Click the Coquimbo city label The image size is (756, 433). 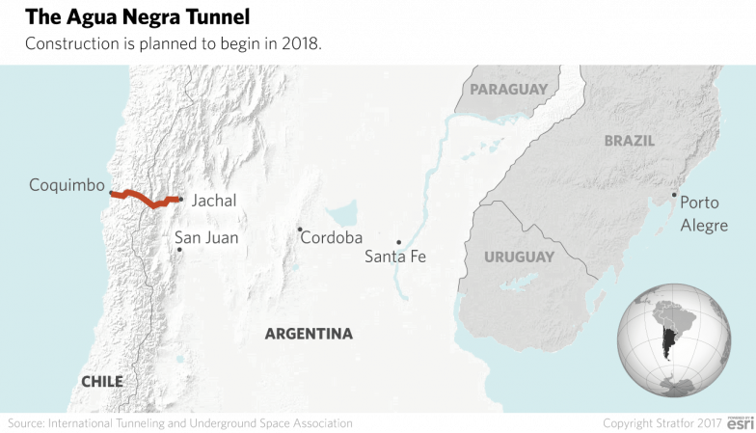[x=67, y=184]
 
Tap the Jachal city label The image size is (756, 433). [x=213, y=202]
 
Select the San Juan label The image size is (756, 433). [x=205, y=237]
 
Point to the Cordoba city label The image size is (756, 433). [x=331, y=237]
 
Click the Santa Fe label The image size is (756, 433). [x=394, y=257]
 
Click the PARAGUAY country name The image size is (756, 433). [x=507, y=90]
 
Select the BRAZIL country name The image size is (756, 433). [x=629, y=141]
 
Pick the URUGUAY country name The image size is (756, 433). [x=519, y=257]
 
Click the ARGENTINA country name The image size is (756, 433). [x=309, y=334]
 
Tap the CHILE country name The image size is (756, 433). [x=101, y=382]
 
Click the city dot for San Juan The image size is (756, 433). [x=179, y=250]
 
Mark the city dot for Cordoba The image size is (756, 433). [x=300, y=230]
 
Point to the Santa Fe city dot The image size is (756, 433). [x=398, y=242]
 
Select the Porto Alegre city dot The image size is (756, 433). [x=674, y=195]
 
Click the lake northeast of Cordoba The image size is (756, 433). [x=341, y=212]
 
